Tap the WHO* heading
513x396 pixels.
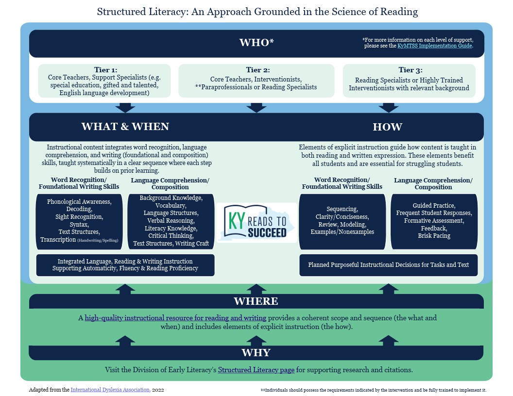256,43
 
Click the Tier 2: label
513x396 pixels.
256,70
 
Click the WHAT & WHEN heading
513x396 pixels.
125,127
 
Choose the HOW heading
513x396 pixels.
387,127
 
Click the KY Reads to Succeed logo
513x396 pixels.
256,222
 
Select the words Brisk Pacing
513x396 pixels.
434,235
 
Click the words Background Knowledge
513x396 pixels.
171,198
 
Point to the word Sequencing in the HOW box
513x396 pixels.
342,209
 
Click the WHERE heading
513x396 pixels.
256,301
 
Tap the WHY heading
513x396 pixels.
256,352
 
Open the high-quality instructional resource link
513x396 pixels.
175,318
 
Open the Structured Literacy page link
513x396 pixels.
256,370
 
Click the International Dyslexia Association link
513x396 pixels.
111,390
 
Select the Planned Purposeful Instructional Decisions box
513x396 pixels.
388,265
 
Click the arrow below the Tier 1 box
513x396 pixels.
125,107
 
